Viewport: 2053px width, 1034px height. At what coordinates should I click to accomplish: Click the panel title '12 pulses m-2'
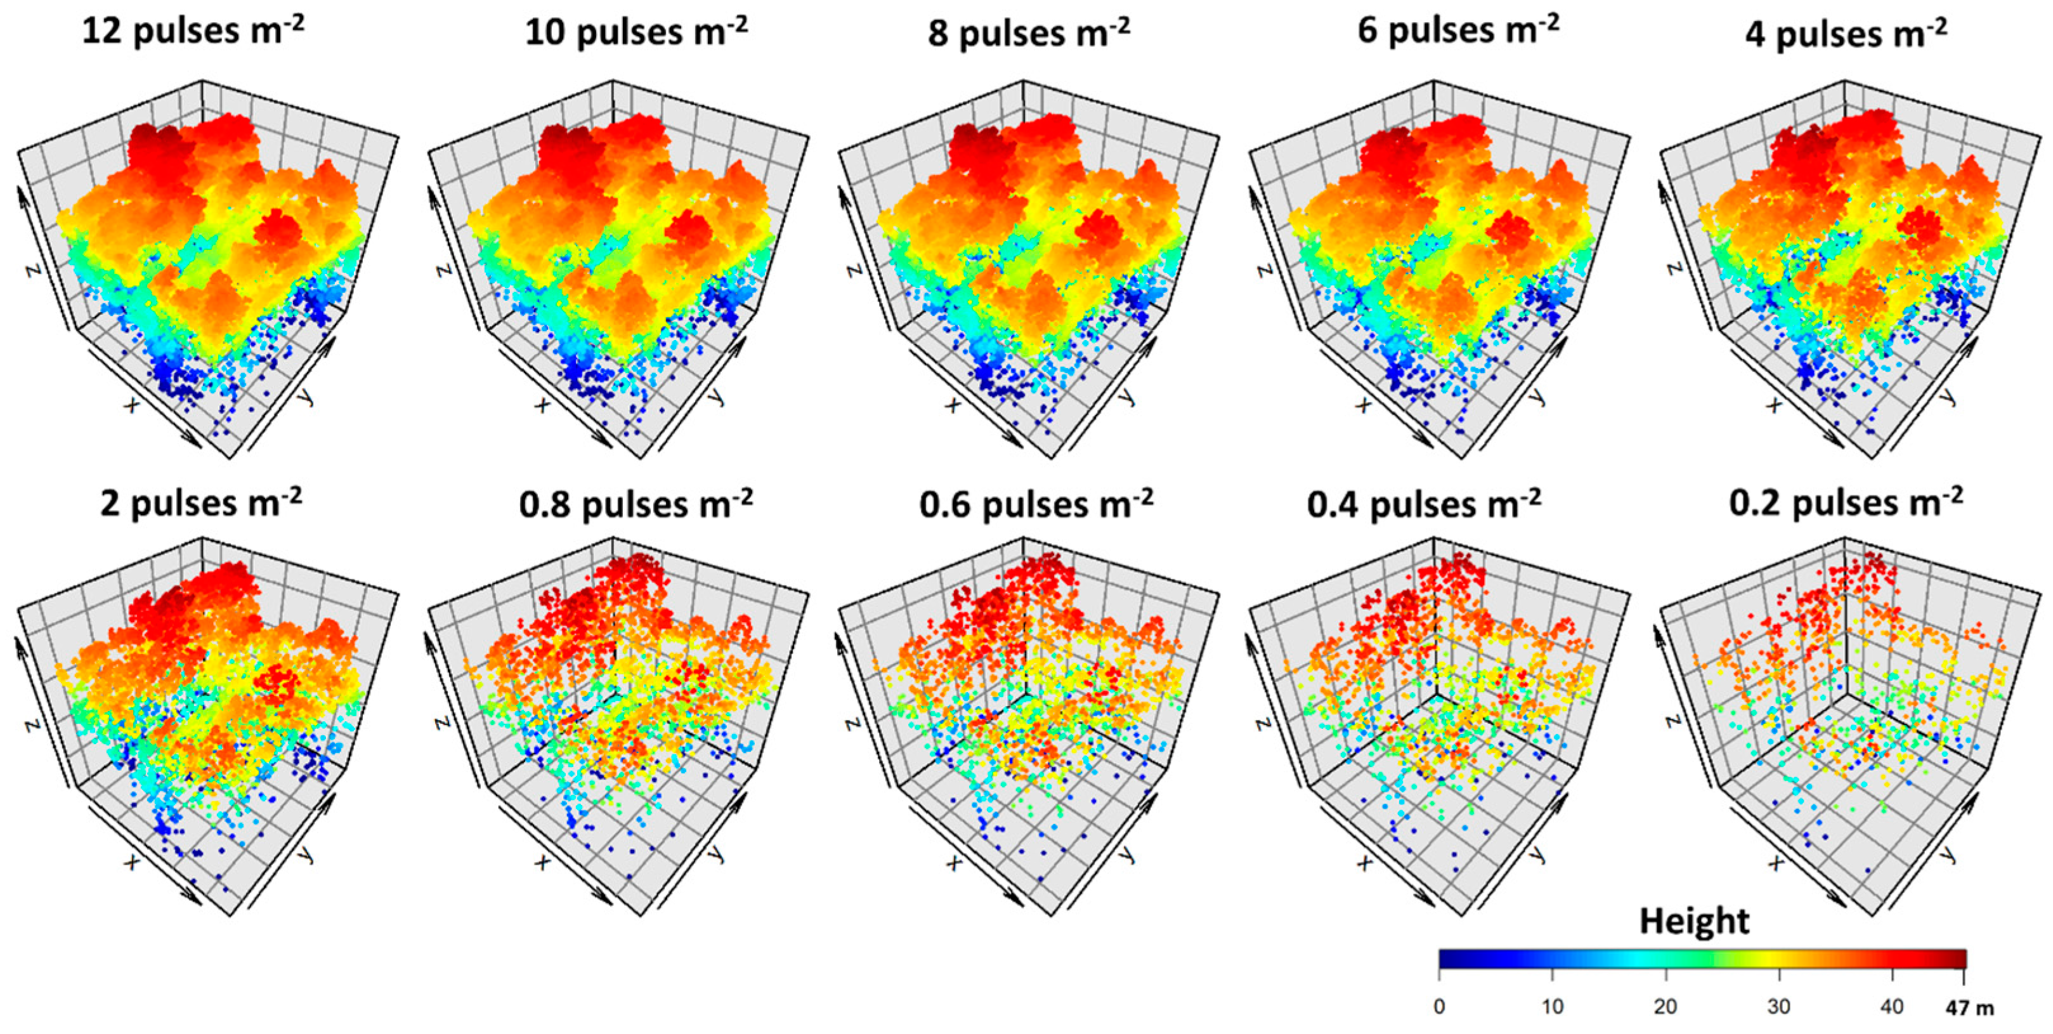(193, 32)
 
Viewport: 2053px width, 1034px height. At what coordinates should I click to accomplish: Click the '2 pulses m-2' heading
(201, 504)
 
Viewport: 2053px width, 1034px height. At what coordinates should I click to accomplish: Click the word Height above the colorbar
(1693, 922)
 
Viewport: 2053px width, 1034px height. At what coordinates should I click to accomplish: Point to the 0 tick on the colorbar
(1439, 1007)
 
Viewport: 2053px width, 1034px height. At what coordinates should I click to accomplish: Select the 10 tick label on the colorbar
(1552, 1007)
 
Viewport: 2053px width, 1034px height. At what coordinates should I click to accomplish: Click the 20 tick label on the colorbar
(1665, 1007)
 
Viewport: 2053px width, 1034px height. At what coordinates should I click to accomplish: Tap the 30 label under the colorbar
(1779, 1007)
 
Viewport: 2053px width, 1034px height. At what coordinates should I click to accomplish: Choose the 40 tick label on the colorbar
(1892, 1007)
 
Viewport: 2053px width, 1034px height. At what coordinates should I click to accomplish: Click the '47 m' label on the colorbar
(1969, 1009)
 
